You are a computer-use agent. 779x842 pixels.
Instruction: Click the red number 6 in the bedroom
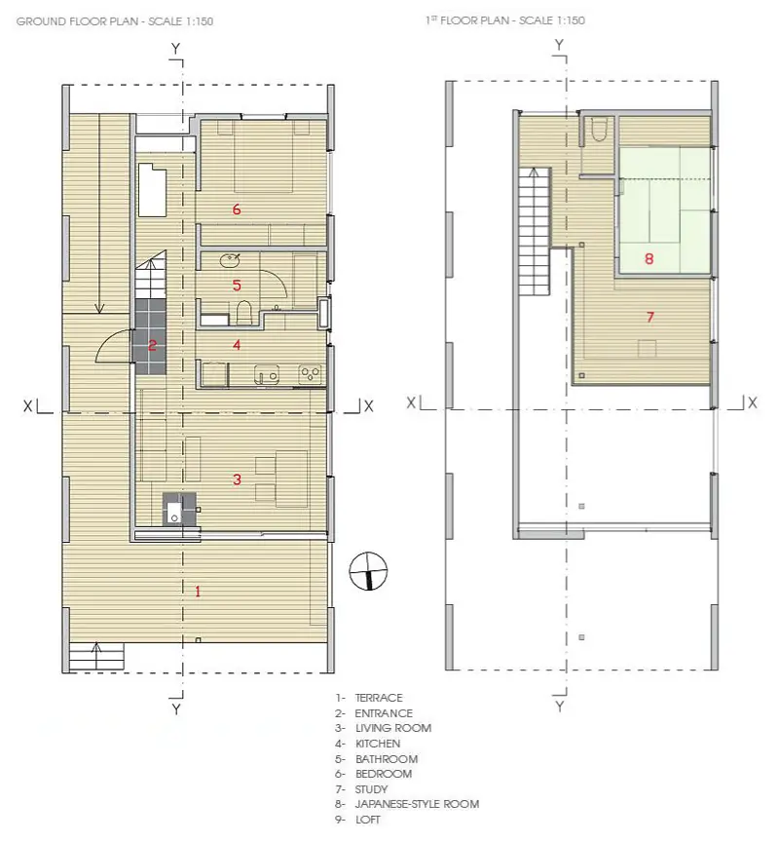point(237,210)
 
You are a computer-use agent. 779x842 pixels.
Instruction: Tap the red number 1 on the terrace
point(198,592)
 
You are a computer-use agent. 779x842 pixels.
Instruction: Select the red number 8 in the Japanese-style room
point(649,259)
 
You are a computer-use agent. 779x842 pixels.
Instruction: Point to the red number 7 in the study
point(650,317)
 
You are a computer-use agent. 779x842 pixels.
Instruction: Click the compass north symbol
point(368,571)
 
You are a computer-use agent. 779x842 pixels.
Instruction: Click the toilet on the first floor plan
point(598,129)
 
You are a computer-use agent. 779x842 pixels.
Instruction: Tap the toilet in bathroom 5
point(244,313)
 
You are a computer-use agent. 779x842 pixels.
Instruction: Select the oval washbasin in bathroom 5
point(230,260)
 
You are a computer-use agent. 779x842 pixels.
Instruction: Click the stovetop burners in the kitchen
point(310,373)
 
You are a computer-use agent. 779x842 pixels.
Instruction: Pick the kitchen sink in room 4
point(267,374)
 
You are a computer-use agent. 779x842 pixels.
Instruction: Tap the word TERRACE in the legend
point(379,698)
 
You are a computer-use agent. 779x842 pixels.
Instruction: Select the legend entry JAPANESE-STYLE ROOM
point(417,804)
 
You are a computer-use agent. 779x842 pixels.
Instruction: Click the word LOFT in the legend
point(367,820)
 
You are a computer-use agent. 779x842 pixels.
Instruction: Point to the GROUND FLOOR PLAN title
point(115,21)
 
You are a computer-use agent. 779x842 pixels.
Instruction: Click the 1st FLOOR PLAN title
point(504,20)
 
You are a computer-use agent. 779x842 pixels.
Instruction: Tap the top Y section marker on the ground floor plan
point(176,49)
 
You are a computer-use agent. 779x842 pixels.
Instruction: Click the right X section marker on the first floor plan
point(752,402)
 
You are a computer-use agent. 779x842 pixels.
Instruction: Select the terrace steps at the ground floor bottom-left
point(96,656)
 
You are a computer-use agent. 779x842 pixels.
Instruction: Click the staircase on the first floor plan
point(535,231)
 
